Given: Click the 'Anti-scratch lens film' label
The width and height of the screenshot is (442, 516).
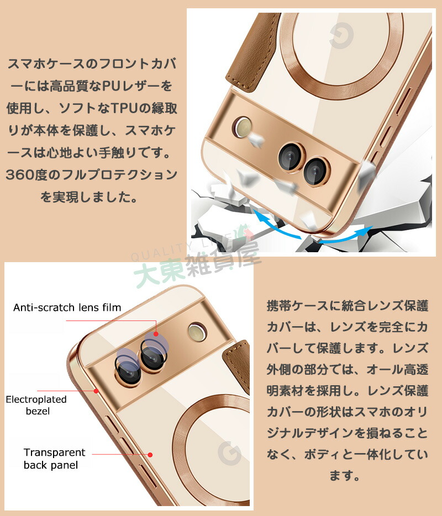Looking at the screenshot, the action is coord(67,307).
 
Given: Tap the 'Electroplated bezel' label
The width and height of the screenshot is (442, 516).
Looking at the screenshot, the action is coord(36,405).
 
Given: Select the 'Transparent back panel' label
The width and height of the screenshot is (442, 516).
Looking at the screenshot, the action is coord(54,459).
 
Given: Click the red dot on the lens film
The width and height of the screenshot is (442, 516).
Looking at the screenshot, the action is coord(156,334).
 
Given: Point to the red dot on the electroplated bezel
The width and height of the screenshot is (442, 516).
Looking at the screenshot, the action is coord(96,391).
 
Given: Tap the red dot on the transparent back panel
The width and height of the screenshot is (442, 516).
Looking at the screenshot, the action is coord(150,454).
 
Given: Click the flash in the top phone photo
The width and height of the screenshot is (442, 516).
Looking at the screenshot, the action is coord(243,127).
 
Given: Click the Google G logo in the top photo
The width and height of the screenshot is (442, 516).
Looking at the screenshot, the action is coord(341,35).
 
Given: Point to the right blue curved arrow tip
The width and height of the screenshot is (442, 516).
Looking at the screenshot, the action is coord(371,228).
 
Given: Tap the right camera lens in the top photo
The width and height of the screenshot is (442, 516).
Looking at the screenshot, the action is coord(316,172).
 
